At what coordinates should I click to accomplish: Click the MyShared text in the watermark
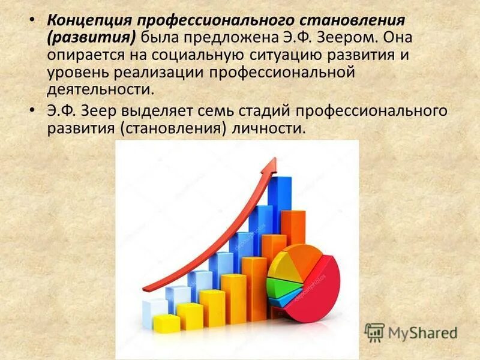coord(423,332)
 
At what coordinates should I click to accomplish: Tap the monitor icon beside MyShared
coord(374,332)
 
